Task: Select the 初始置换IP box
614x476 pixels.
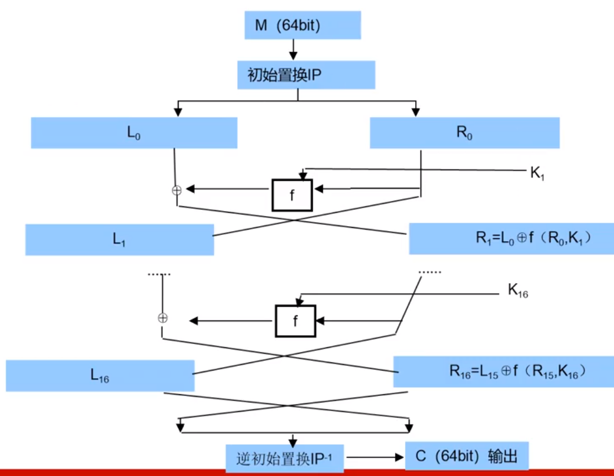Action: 306,75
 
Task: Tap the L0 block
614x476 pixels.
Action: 134,133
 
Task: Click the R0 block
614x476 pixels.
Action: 464,133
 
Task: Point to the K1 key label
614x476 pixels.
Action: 537,173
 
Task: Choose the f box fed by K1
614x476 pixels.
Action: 292,195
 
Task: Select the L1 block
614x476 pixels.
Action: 119,239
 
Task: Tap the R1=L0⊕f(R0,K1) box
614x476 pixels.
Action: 511,238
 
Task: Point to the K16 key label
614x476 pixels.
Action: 518,291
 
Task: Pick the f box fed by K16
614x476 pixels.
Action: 295,321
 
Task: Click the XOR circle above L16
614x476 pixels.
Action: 163,318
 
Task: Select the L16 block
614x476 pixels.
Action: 100,376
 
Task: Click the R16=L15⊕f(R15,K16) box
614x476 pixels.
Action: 503,372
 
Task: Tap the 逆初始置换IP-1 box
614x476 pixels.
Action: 284,457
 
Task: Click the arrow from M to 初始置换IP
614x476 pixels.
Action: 293,49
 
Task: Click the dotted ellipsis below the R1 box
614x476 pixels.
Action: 430,271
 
